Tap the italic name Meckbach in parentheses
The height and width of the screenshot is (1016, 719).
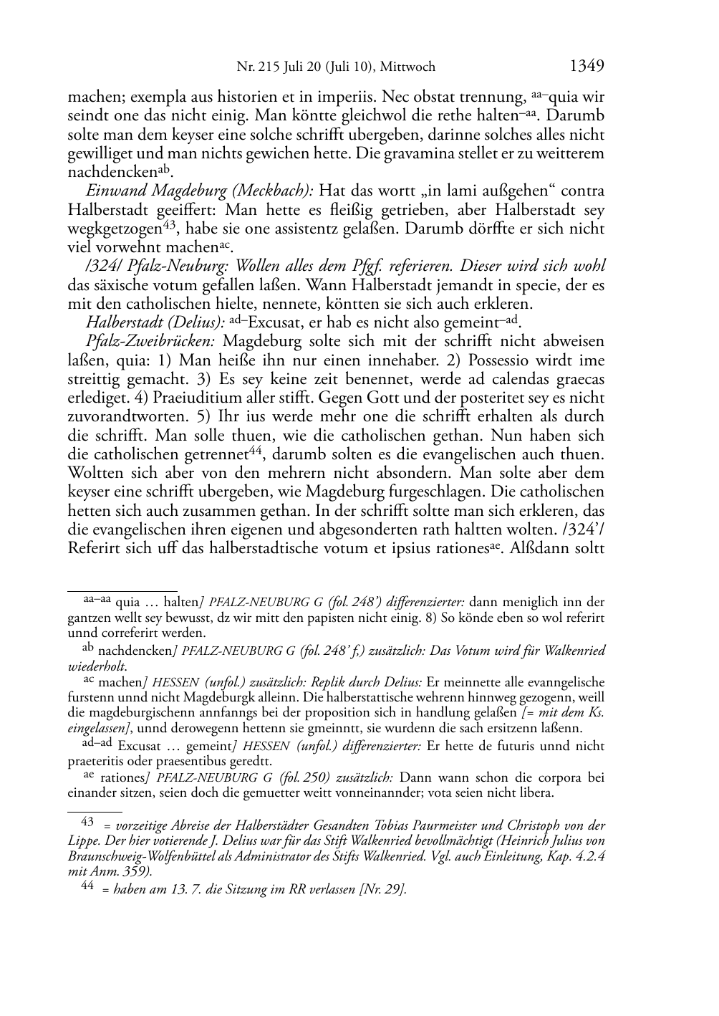tap(276, 191)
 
